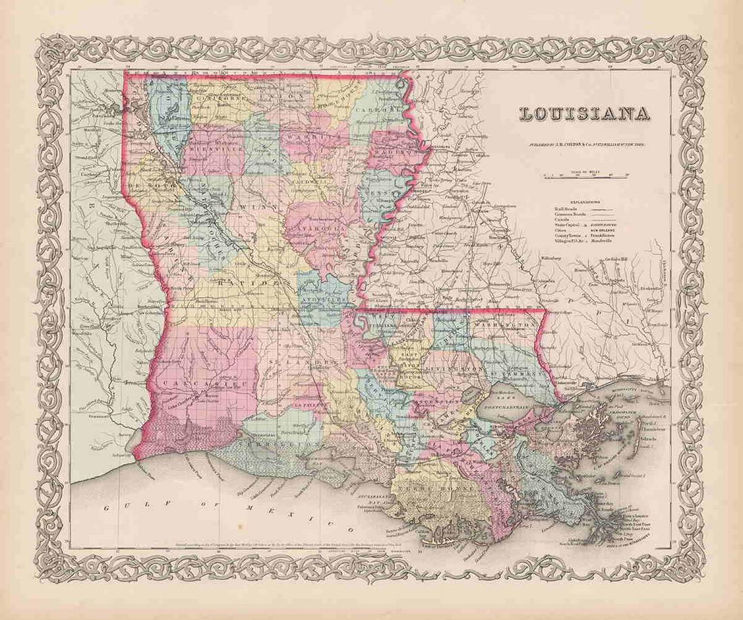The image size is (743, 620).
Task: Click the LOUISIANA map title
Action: click(584, 113)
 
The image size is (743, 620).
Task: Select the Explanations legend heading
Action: click(586, 201)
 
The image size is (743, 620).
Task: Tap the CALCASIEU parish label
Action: click(193, 383)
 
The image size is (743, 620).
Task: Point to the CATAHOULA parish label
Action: click(317, 228)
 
